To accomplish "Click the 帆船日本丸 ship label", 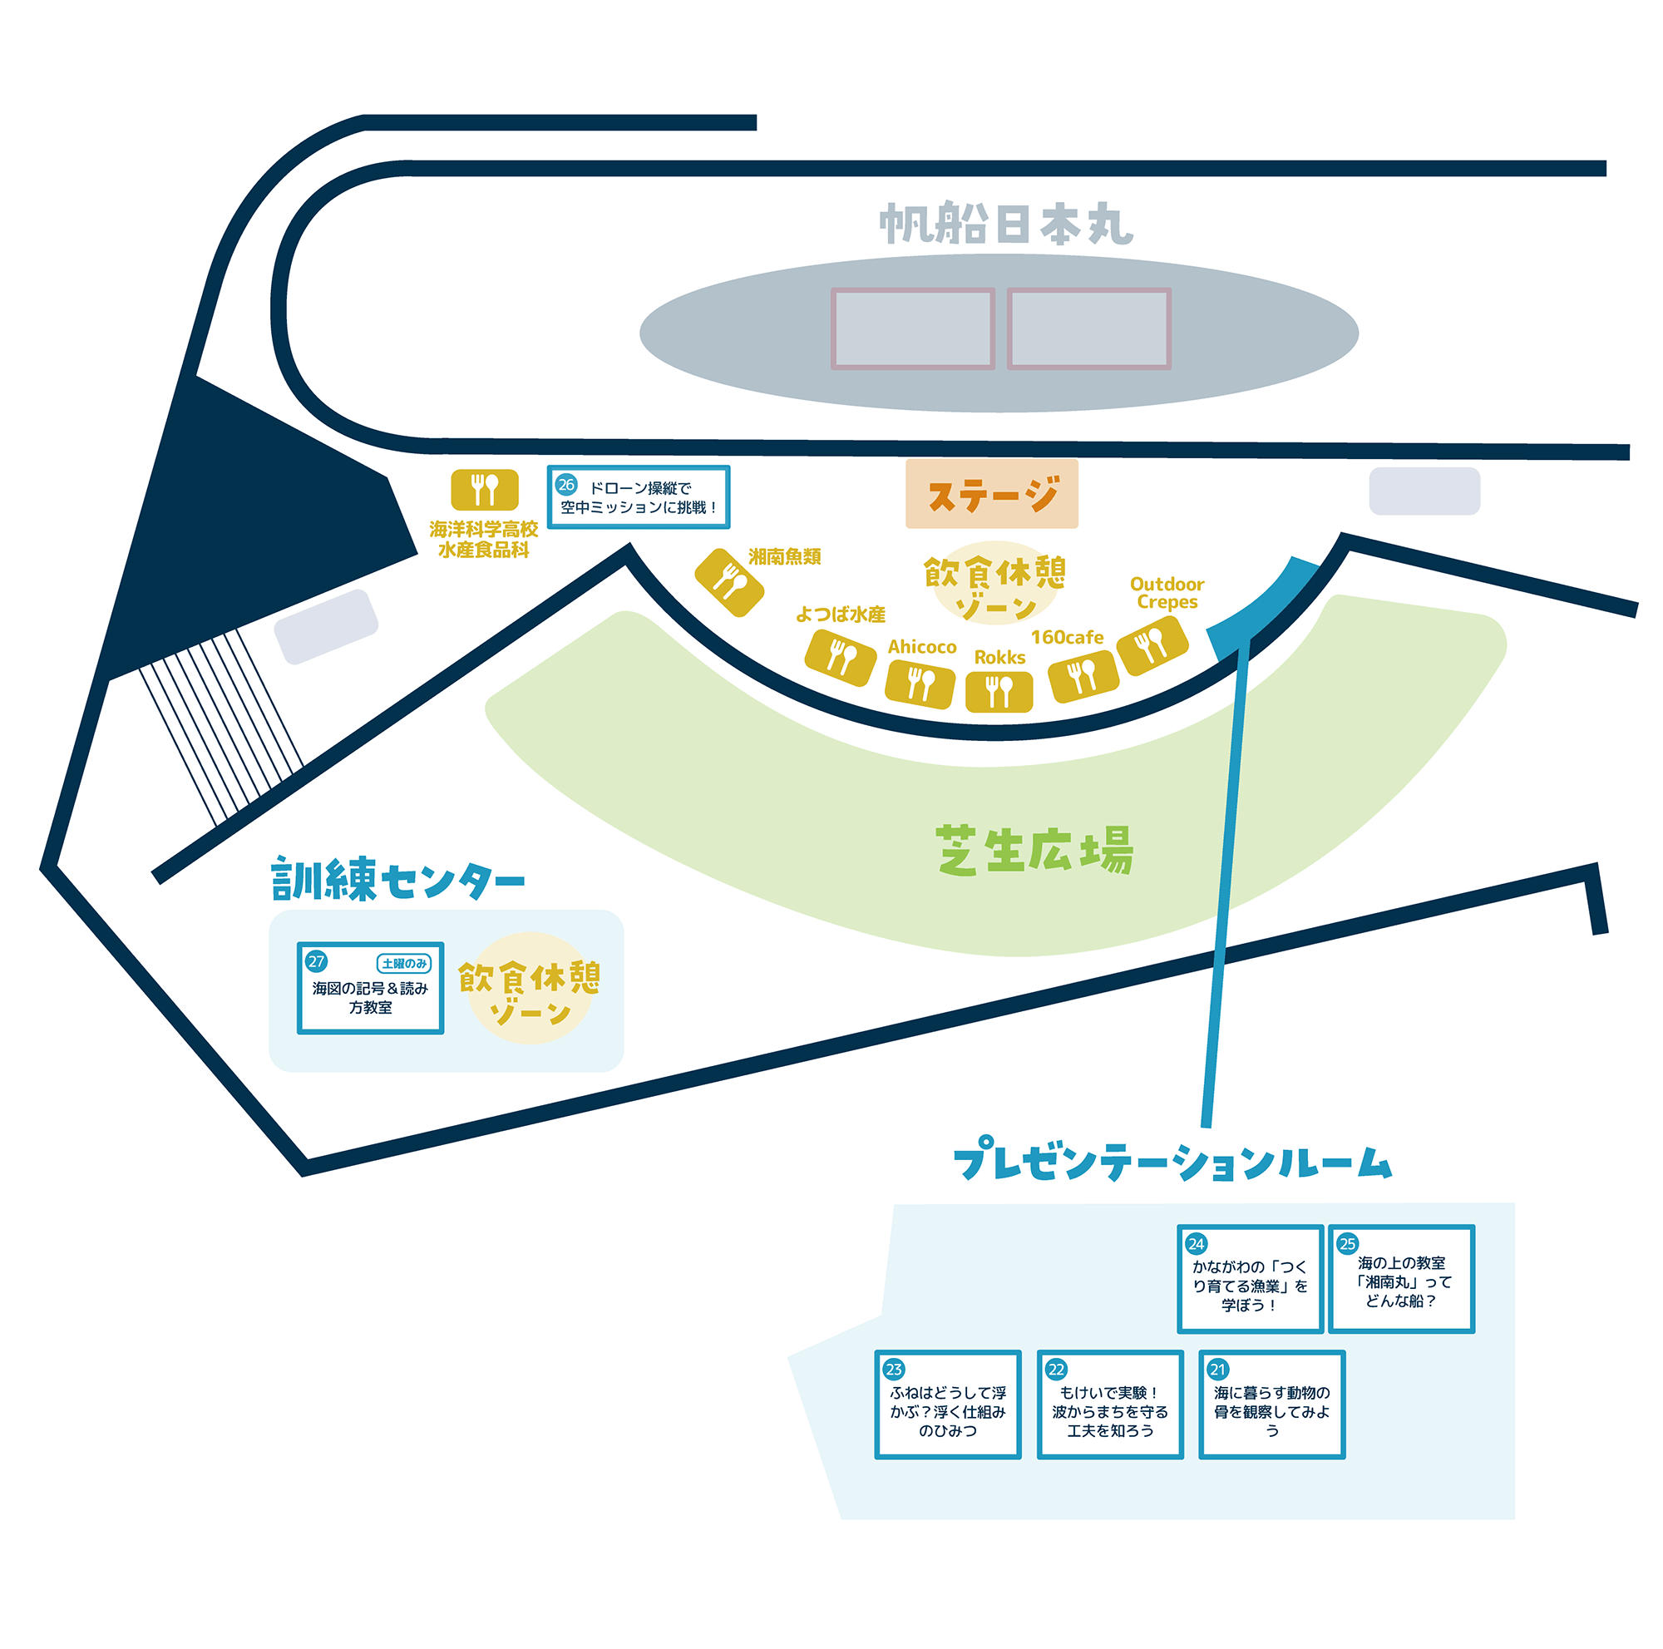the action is (1005, 225).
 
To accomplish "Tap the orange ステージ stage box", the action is (992, 494).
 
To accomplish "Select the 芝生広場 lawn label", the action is (1034, 851).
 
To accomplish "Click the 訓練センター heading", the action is (397, 879).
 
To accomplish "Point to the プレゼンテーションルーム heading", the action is (1172, 1159).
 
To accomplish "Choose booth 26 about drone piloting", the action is (639, 497).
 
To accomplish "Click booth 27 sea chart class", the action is (370, 988).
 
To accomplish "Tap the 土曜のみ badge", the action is (404, 963).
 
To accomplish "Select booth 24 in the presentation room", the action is (1250, 1279).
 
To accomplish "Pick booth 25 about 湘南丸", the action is (1401, 1279).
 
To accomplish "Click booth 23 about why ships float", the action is (948, 1405).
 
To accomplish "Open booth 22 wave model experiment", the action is (1110, 1405).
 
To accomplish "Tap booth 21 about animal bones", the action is (1272, 1405).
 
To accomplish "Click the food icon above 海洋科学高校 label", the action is (485, 490).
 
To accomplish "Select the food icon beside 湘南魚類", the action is (729, 583).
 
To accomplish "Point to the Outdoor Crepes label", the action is (1167, 593).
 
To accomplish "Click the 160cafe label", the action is (1068, 638).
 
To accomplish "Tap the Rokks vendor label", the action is (999, 658).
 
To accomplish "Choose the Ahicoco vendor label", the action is (922, 647).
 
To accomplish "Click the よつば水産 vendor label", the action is (840, 615).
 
